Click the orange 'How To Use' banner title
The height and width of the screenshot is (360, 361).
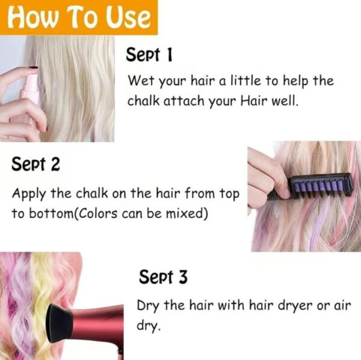point(79,17)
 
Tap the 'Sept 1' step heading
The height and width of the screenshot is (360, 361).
point(149,55)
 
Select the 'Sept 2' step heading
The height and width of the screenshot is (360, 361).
point(35,164)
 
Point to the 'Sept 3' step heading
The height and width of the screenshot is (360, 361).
point(163,276)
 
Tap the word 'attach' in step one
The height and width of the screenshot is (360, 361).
point(184,101)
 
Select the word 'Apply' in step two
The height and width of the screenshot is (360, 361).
point(29,194)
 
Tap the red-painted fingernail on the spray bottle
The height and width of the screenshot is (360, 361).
point(33,68)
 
